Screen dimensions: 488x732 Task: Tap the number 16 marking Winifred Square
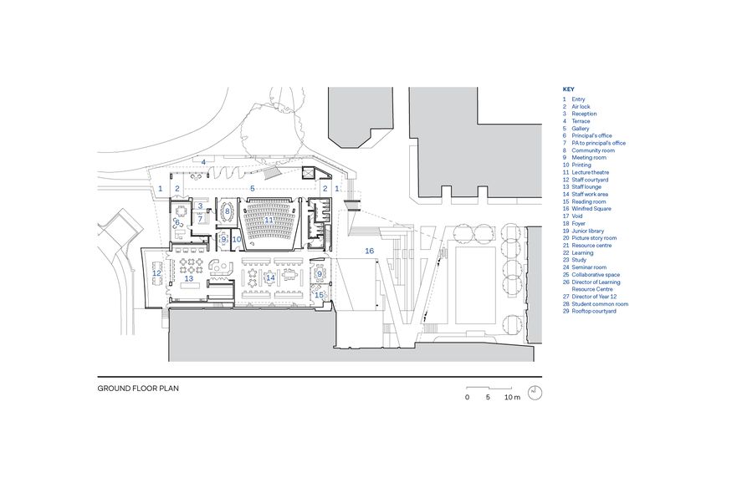coord(369,251)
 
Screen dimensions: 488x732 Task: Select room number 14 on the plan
coord(270,277)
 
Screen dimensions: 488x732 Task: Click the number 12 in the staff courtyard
coord(156,273)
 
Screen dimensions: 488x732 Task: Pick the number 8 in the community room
coord(227,211)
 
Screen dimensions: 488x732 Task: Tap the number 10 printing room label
coord(237,240)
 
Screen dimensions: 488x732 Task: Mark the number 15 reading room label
coord(319,294)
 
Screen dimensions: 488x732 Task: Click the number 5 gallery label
coord(253,189)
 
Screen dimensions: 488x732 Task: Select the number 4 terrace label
coord(203,161)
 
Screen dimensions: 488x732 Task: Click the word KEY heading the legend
coord(569,89)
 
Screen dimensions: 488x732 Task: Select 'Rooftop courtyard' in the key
coord(594,312)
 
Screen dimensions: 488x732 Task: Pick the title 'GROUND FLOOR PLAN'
coord(138,388)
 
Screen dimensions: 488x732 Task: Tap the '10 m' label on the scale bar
coord(512,398)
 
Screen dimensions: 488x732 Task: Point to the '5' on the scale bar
coord(488,398)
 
